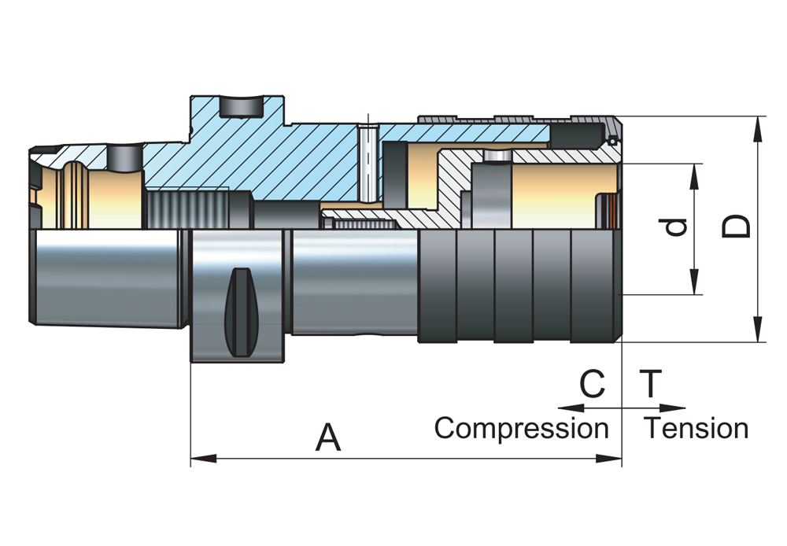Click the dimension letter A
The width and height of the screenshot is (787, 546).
(x=328, y=437)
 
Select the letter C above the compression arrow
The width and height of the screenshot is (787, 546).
(x=593, y=385)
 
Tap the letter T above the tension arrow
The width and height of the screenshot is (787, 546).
(x=650, y=385)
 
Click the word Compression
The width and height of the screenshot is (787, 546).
(x=521, y=429)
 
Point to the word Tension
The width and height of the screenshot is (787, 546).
(x=696, y=429)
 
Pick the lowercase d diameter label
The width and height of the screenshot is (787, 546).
(x=676, y=228)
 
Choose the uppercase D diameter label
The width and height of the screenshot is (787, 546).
(x=737, y=227)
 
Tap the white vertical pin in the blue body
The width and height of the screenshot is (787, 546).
(x=366, y=161)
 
